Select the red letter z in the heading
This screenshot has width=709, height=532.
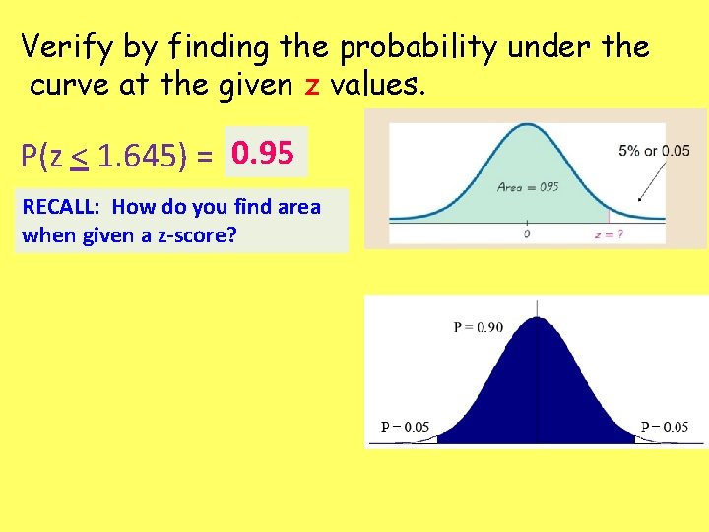click(x=312, y=86)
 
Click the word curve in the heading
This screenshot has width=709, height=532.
click(x=69, y=86)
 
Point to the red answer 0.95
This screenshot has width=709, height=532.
click(x=264, y=153)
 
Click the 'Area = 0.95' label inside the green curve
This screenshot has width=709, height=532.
click(x=528, y=186)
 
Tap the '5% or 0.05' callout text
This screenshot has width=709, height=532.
click(x=654, y=151)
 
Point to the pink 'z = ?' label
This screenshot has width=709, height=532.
click(x=609, y=234)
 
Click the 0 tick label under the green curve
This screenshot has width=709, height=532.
click(x=527, y=234)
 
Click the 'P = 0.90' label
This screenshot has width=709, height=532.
click(x=479, y=327)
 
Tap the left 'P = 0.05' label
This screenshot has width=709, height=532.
click(x=405, y=427)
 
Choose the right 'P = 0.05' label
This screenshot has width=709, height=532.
click(x=665, y=427)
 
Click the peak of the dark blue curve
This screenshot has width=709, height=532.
click(x=537, y=319)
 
